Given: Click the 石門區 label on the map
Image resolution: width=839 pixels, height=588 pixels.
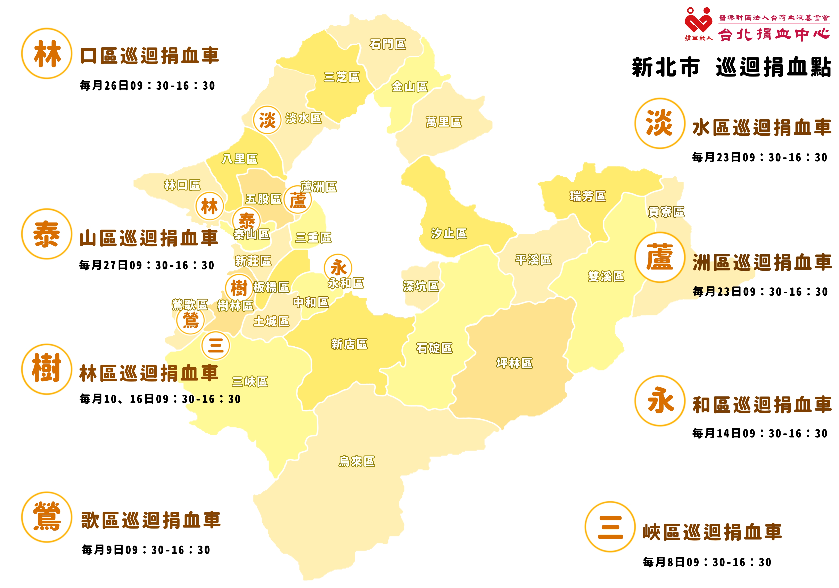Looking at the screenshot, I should [x=387, y=44].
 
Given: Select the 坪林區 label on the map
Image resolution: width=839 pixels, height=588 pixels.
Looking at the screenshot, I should [x=514, y=363].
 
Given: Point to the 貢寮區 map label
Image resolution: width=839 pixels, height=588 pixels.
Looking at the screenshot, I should [x=666, y=212].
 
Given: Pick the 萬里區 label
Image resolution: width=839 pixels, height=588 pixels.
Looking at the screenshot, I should [x=444, y=122].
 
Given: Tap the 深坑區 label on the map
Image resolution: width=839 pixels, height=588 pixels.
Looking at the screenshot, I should [x=421, y=286].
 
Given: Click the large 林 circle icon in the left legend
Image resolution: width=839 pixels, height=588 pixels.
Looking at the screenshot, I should [x=47, y=53].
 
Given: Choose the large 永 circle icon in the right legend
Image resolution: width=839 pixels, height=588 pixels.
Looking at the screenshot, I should [x=660, y=400].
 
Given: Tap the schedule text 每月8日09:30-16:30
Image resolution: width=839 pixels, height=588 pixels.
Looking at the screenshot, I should [x=707, y=562].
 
